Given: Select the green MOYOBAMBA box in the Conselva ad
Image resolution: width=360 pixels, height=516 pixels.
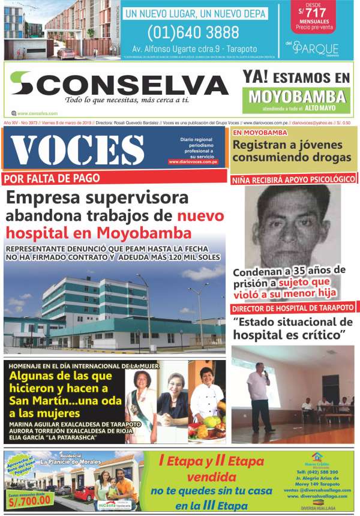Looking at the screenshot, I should (x=298, y=96).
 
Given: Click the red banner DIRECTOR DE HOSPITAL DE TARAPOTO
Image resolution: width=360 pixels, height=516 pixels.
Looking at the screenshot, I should (x=293, y=308).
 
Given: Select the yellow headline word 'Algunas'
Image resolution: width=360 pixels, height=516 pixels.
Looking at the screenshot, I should (x=34, y=377).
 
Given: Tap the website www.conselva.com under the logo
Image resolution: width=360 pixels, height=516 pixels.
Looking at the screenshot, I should (x=37, y=113).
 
